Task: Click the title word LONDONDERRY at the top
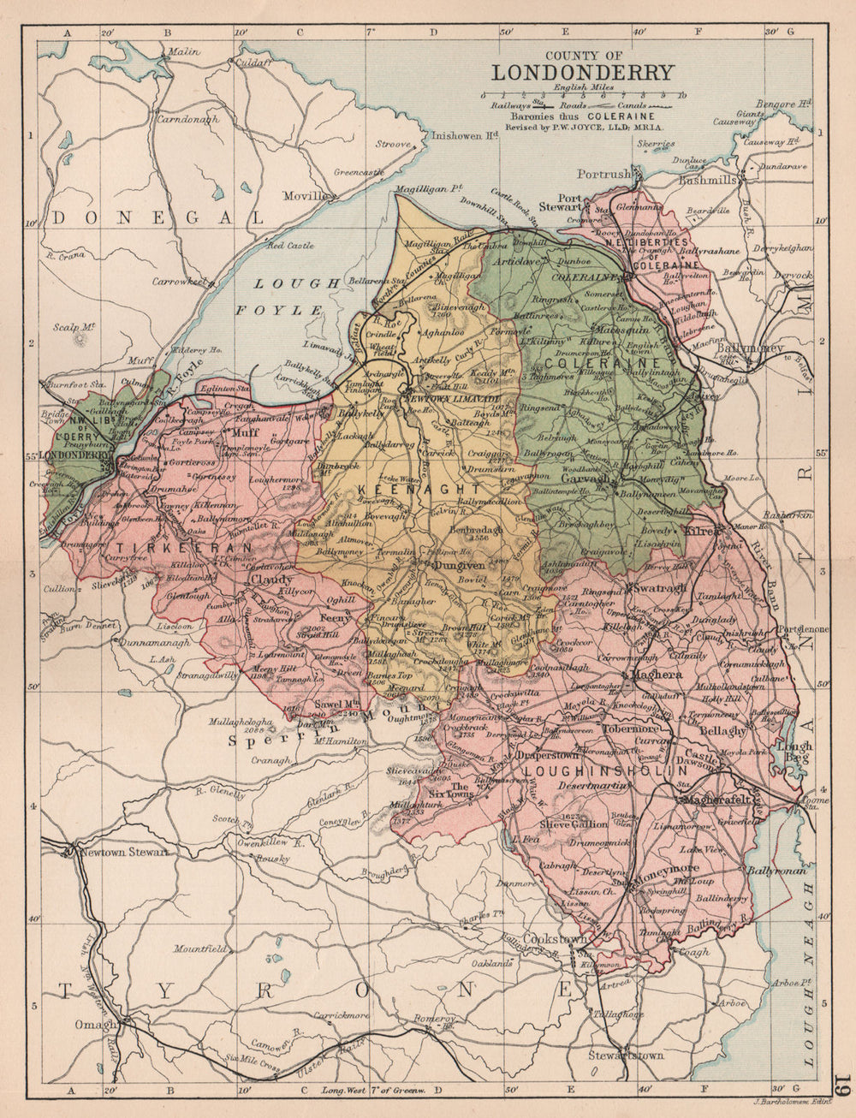coord(582,73)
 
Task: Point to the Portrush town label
coord(603,174)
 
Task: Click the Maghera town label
coord(656,675)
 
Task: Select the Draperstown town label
coord(540,755)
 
